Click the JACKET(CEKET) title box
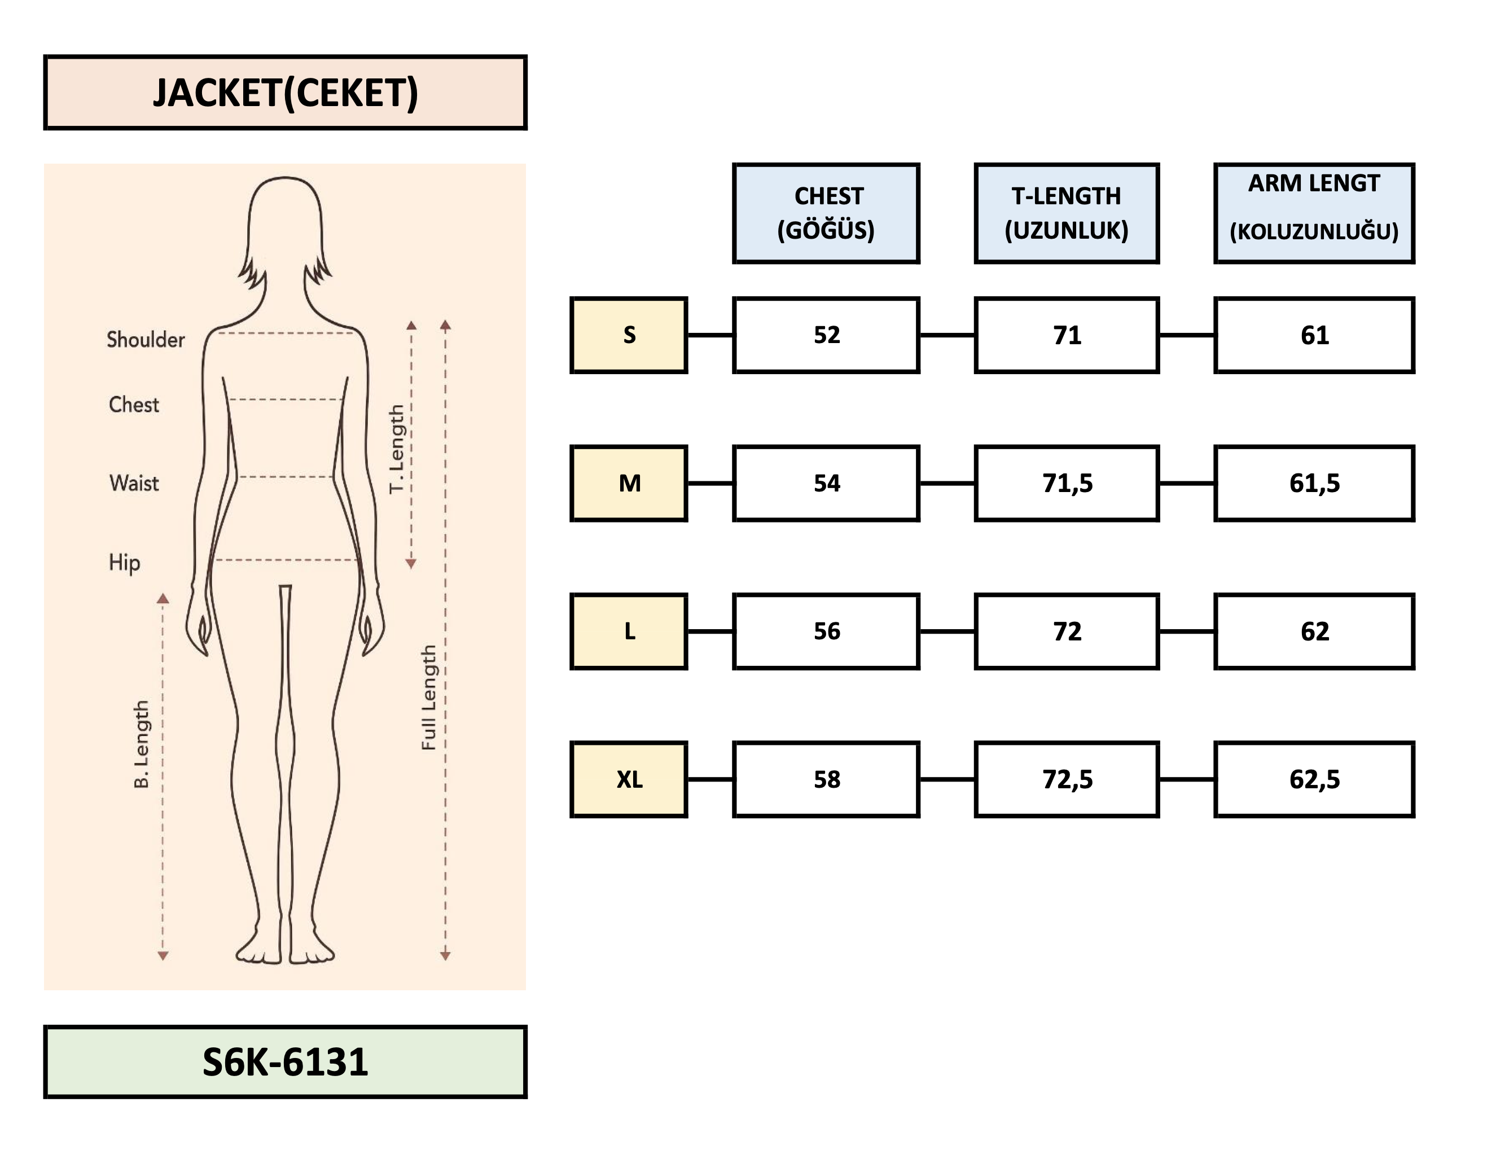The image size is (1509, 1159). click(285, 93)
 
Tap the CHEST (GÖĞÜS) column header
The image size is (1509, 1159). click(826, 213)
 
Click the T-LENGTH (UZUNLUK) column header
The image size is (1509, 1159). click(1066, 213)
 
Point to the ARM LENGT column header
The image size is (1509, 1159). click(1314, 213)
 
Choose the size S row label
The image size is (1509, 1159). click(629, 335)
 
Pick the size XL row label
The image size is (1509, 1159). click(629, 780)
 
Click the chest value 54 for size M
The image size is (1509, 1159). click(826, 483)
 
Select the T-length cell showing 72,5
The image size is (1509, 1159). click(1066, 780)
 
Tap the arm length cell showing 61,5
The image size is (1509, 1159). click(1314, 483)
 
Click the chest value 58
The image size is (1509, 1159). click(826, 780)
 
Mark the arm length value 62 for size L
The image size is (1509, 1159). click(1314, 631)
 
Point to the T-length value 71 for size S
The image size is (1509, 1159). click(1066, 335)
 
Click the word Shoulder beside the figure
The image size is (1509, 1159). click(146, 340)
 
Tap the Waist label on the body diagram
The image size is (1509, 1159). click(134, 483)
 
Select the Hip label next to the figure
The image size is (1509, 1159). click(124, 562)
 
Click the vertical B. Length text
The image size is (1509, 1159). click(142, 744)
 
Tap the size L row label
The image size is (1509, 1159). click(629, 631)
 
